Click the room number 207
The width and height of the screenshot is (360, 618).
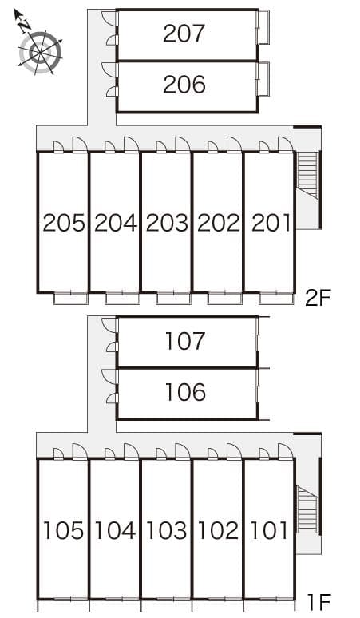coord(184,33)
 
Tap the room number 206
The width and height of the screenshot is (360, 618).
coord(184,84)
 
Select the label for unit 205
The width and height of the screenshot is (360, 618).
coord(64,223)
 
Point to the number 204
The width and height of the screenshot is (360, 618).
coord(115,223)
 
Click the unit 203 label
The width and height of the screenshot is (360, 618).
coord(166,223)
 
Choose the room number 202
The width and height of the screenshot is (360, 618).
coord(218,223)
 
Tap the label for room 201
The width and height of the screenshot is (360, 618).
coord(270,223)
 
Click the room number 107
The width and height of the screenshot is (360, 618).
coord(185,342)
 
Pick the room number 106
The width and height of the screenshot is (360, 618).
coord(185,392)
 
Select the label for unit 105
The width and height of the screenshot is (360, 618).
coord(64,530)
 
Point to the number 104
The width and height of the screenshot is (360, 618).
coord(115,530)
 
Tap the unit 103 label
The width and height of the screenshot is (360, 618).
coord(166,530)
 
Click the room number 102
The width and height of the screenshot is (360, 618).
coord(218,530)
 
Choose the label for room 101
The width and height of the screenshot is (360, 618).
coord(270,530)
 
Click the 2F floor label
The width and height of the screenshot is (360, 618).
coord(317,299)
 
